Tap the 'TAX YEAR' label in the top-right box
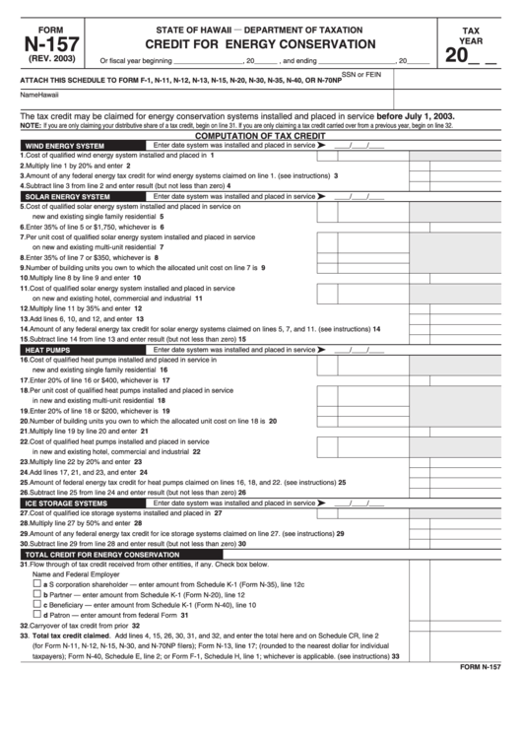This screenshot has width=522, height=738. pos(477,37)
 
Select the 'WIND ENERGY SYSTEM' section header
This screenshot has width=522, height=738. pos(64,145)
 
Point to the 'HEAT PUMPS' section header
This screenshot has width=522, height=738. pos(47,349)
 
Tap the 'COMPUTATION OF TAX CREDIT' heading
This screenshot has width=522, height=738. pos(260,134)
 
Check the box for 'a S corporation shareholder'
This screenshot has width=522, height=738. pos(37,583)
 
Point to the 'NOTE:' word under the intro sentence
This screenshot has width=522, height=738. pos(31,126)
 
